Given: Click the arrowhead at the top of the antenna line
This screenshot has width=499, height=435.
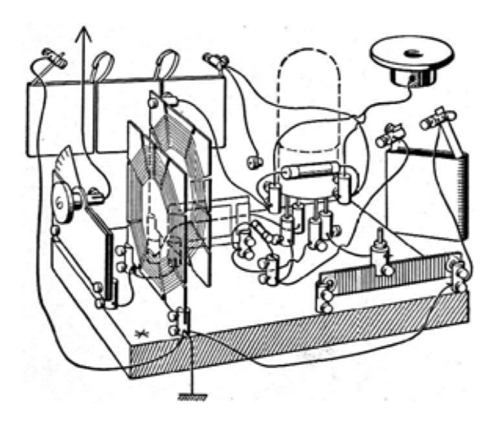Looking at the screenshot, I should (x=82, y=33).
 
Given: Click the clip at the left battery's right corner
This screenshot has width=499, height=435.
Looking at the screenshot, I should (x=215, y=60).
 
